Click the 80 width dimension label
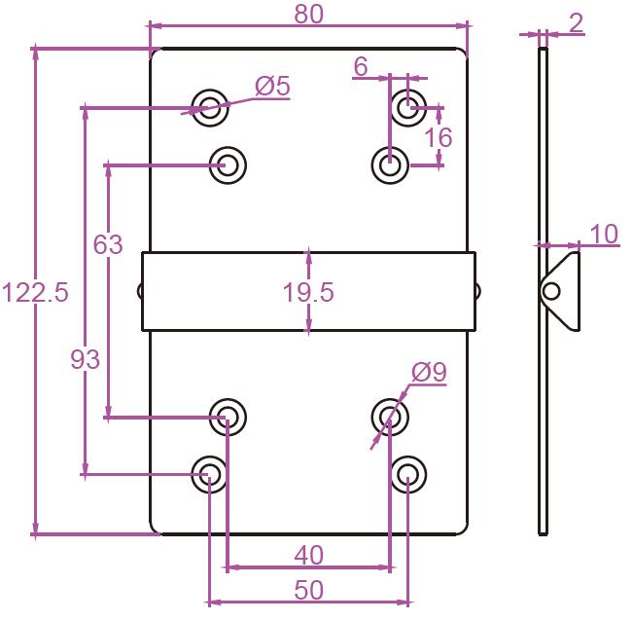pyautogui.click(x=307, y=14)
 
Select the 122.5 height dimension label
pyautogui.click(x=35, y=293)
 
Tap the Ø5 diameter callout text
pyautogui.click(x=272, y=87)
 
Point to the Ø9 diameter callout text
pyautogui.click(x=428, y=371)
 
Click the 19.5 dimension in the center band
pyautogui.click(x=309, y=293)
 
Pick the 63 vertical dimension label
pyautogui.click(x=108, y=244)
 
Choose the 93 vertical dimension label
pyautogui.click(x=86, y=360)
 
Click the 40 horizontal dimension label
pyautogui.click(x=308, y=555)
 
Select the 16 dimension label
pyautogui.click(x=439, y=137)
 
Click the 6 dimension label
pyautogui.click(x=361, y=67)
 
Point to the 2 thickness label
pyautogui.click(x=577, y=22)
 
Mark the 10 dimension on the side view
pyautogui.click(x=603, y=234)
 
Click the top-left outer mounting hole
pyautogui.click(x=209, y=107)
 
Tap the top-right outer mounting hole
pyautogui.click(x=408, y=105)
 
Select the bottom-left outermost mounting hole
pyautogui.click(x=209, y=475)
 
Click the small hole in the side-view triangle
pyautogui.click(x=552, y=291)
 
